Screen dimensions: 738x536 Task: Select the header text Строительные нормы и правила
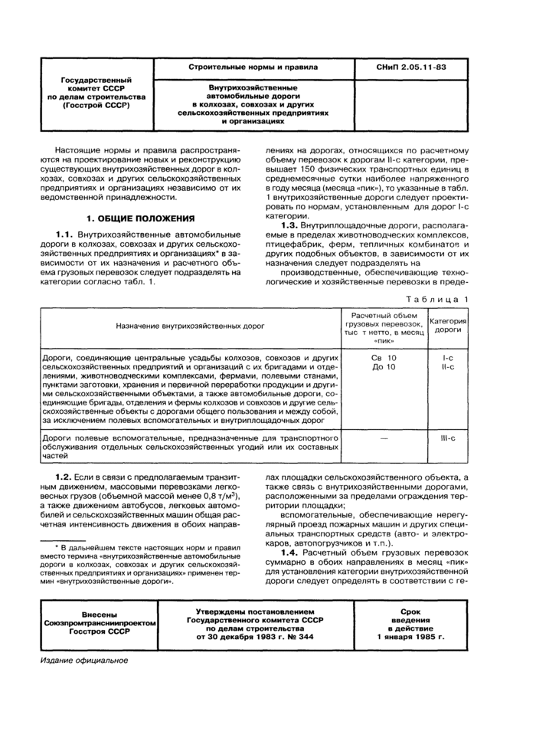coord(253,67)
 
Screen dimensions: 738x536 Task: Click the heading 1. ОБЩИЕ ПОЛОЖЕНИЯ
coord(140,218)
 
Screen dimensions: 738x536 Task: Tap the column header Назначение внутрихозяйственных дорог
coord(190,326)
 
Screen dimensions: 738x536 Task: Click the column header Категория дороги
coord(448,324)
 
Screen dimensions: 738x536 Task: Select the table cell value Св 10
coord(384,358)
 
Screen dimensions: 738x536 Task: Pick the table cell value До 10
coord(384,367)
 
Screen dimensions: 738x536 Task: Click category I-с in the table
coord(448,358)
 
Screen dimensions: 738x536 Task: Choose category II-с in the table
coord(448,367)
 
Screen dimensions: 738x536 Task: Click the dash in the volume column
coord(384,437)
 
